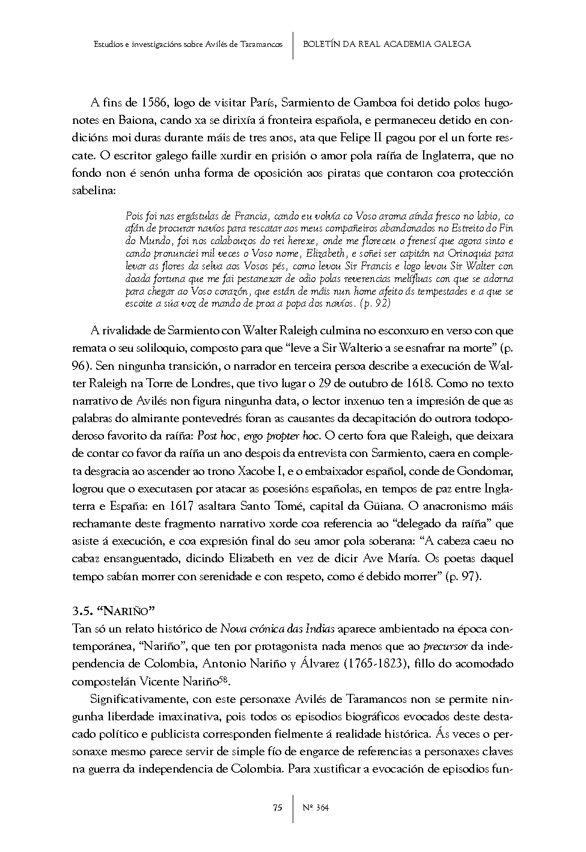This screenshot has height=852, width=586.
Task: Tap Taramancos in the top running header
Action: pos(261,44)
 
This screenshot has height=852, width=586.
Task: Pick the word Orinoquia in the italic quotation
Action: pos(462,254)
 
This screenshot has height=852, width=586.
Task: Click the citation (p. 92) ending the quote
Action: pos(375,304)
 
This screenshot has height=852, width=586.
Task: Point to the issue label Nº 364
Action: pos(315,808)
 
